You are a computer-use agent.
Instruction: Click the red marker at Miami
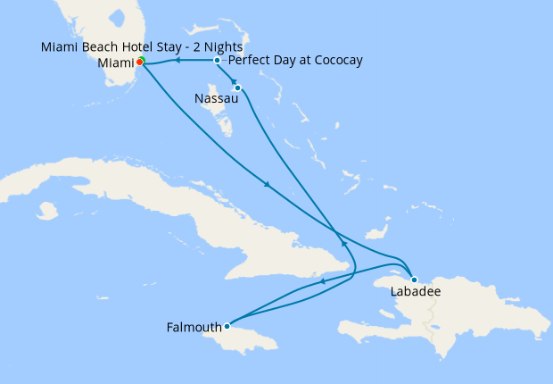(140, 63)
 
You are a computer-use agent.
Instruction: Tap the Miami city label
(114, 63)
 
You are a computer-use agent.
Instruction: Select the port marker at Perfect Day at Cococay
(218, 60)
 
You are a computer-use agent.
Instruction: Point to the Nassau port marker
(237, 88)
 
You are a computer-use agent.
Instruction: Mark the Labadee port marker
(414, 280)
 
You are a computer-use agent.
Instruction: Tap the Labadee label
(416, 292)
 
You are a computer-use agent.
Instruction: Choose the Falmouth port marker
(227, 326)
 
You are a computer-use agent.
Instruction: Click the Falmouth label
(194, 327)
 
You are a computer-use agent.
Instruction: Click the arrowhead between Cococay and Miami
(177, 61)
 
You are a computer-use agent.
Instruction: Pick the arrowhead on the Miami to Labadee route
(266, 185)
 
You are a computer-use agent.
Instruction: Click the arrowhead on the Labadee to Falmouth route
(322, 282)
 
